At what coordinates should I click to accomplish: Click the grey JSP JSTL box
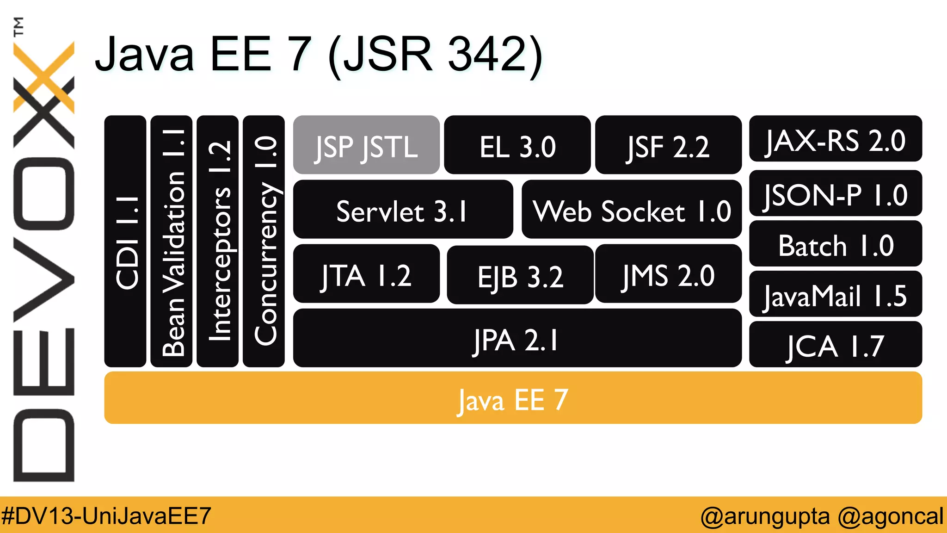pyautogui.click(x=366, y=145)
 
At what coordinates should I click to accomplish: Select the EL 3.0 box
pyautogui.click(x=517, y=145)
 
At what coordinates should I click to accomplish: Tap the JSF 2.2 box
pyautogui.click(x=668, y=145)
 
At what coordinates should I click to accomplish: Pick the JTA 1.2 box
pyautogui.click(x=366, y=274)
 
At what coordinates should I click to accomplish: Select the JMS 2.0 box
pyautogui.click(x=668, y=274)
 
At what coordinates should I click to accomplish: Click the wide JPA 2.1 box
pyautogui.click(x=517, y=338)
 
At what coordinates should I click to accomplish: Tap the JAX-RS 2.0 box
pyautogui.click(x=835, y=139)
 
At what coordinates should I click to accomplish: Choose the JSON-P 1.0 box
pyautogui.click(x=835, y=193)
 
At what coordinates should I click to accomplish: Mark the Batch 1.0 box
pyautogui.click(x=835, y=244)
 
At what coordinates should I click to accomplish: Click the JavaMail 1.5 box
pyautogui.click(x=835, y=294)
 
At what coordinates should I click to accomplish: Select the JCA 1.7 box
pyautogui.click(x=835, y=345)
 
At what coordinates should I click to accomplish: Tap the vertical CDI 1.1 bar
pyautogui.click(x=125, y=242)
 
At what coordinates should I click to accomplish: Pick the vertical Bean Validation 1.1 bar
pyautogui.click(x=172, y=242)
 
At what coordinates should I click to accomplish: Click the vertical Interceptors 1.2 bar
pyautogui.click(x=218, y=242)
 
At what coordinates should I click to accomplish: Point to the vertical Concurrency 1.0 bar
pyautogui.click(x=264, y=242)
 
